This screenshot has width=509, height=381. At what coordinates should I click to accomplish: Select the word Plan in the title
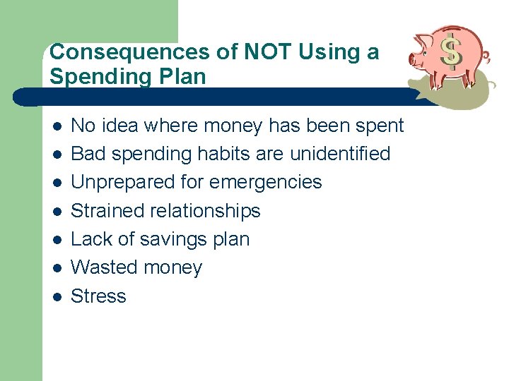pyautogui.click(x=181, y=76)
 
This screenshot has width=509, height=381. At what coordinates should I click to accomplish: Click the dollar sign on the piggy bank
pyautogui.click(x=450, y=52)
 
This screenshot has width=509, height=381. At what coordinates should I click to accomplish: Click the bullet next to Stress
pyautogui.click(x=57, y=296)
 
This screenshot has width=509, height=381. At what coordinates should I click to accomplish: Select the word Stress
pyautogui.click(x=98, y=296)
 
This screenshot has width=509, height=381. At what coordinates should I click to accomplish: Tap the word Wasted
pyautogui.click(x=104, y=268)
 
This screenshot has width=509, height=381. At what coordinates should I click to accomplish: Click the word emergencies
pyautogui.click(x=266, y=183)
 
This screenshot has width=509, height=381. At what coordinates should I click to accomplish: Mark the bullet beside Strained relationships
pyautogui.click(x=57, y=211)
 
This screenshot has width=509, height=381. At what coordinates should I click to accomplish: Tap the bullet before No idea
pyautogui.click(x=57, y=126)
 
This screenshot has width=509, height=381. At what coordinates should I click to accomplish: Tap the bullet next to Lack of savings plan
pyautogui.click(x=57, y=239)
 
